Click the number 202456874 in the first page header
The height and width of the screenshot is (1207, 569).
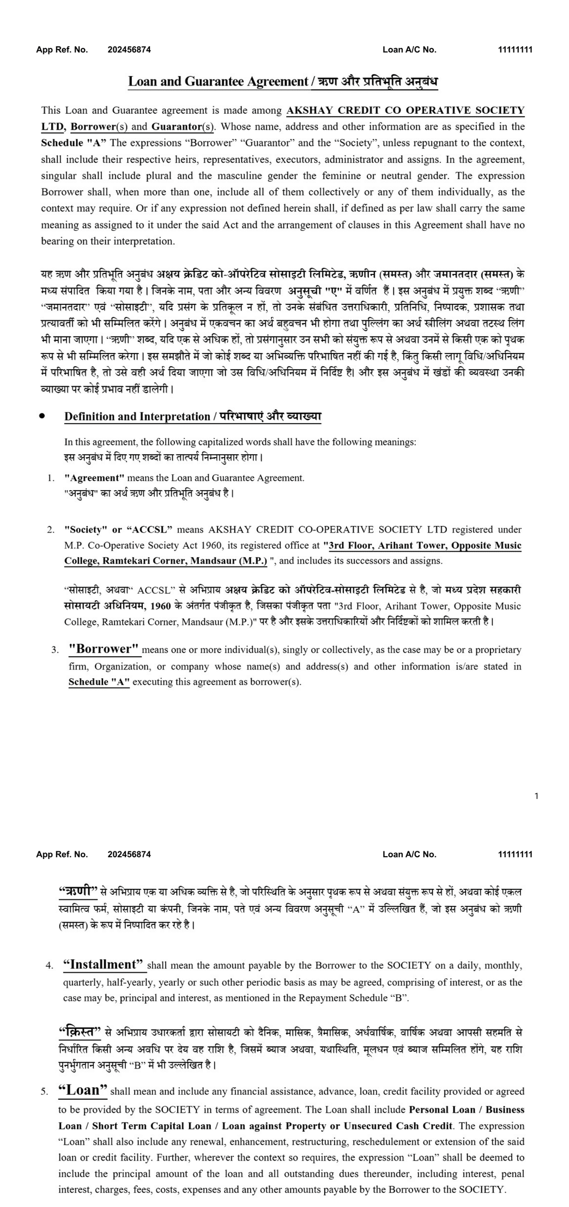point(129,50)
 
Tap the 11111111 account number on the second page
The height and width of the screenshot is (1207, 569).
point(514,854)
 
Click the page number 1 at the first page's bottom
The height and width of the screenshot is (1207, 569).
point(536,796)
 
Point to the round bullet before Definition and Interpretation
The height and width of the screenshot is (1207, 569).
point(42,416)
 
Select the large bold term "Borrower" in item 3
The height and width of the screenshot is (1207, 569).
point(104,649)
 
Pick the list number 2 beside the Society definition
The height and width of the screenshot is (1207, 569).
point(51,529)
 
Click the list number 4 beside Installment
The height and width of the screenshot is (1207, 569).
point(50,966)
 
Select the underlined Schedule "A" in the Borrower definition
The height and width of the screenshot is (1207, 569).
point(99,682)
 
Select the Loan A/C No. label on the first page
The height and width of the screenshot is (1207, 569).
point(409,50)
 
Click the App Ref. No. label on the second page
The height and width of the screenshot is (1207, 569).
point(62,854)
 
